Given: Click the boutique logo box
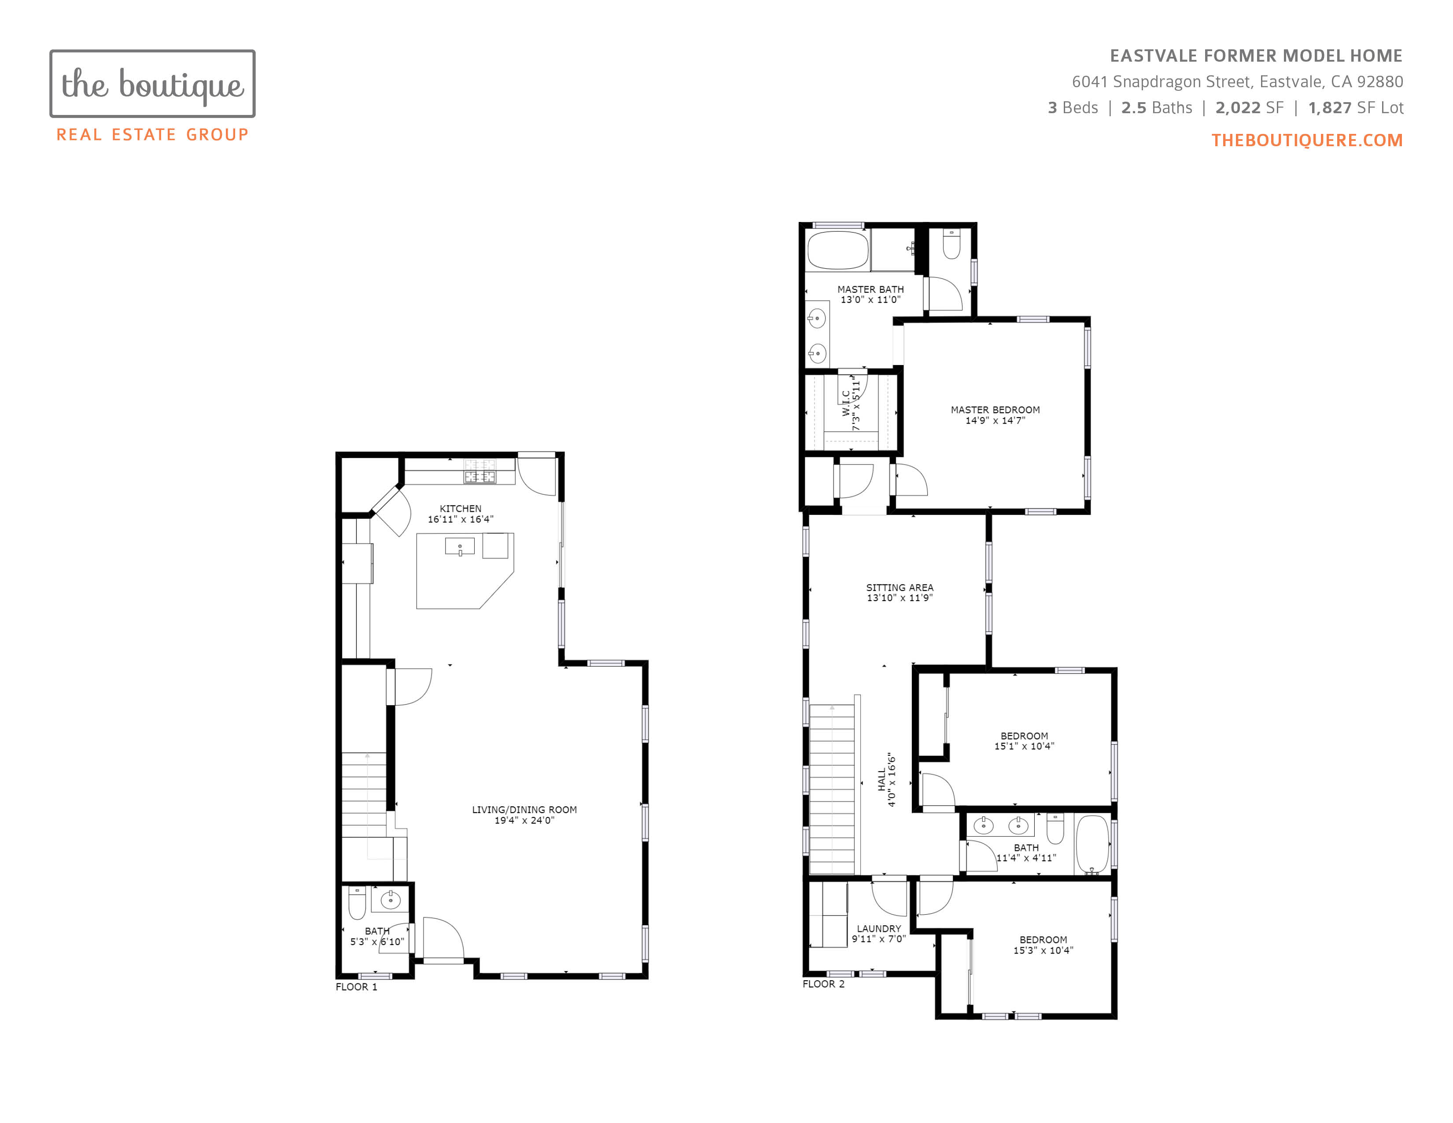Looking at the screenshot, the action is [x=152, y=84].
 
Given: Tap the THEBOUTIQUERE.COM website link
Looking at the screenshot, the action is [x=1307, y=140].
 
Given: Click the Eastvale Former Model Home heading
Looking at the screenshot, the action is [x=1256, y=56].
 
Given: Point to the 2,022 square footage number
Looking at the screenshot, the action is [x=1237, y=108].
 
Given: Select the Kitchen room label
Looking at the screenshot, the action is [x=461, y=508].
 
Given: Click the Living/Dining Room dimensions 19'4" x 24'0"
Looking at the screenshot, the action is [x=524, y=820].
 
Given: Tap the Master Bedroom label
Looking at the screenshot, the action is [x=995, y=410].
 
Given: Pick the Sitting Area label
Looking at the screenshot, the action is [x=900, y=587].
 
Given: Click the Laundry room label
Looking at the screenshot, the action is [x=879, y=929].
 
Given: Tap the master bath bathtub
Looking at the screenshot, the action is [x=838, y=250].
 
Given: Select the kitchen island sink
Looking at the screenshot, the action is [x=460, y=547].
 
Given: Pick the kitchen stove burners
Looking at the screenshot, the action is [x=479, y=471].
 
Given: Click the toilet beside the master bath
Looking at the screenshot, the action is [x=951, y=244].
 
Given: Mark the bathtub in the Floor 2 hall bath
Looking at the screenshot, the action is [x=1092, y=844].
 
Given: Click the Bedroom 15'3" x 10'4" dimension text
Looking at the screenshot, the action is [x=1043, y=951].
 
